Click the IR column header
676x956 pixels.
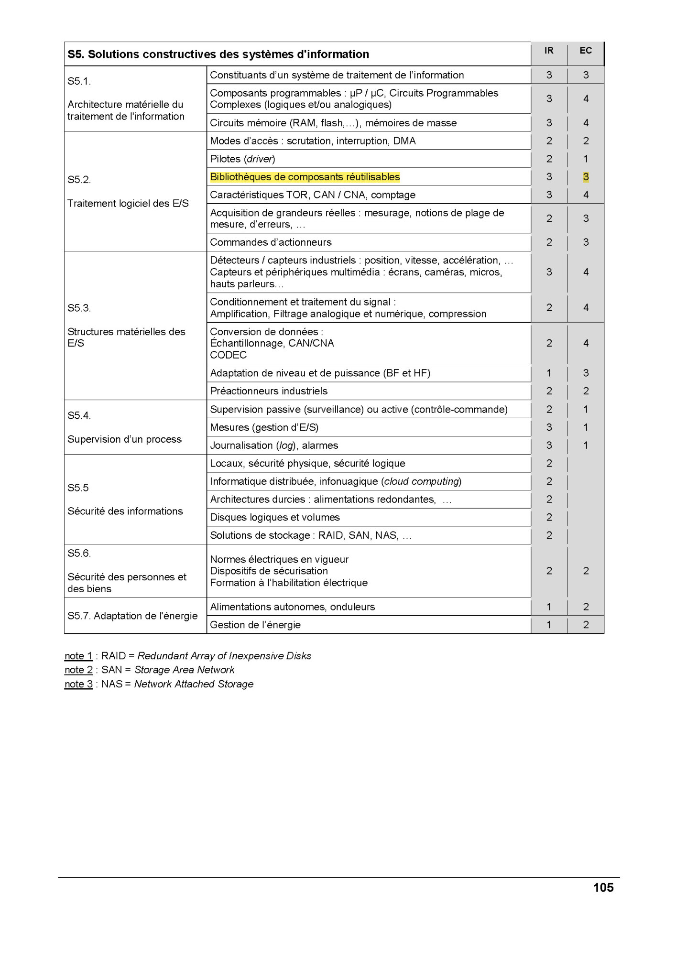(x=549, y=51)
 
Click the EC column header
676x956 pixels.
(x=586, y=51)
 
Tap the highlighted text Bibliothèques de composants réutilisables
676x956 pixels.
(x=305, y=177)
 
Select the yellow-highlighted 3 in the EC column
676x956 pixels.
(x=586, y=177)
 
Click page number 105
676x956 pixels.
(x=603, y=888)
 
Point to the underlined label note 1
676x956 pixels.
(x=78, y=656)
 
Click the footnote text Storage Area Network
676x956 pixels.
(x=184, y=670)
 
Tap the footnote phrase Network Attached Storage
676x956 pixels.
(x=194, y=684)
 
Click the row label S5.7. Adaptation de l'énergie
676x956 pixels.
(x=132, y=616)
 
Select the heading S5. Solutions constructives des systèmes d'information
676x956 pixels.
(x=218, y=54)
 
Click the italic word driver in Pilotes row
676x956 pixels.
(x=260, y=159)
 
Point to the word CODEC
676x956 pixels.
(x=228, y=355)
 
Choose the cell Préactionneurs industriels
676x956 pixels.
(x=269, y=391)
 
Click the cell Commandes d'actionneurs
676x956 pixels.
(x=271, y=242)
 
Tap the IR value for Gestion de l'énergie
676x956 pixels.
(x=549, y=625)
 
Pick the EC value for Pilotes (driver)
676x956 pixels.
(x=586, y=159)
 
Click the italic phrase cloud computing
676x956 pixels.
(x=422, y=481)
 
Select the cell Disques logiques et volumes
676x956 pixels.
(x=275, y=517)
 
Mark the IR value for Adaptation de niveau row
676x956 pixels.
(x=549, y=373)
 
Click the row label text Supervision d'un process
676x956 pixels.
(x=124, y=439)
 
